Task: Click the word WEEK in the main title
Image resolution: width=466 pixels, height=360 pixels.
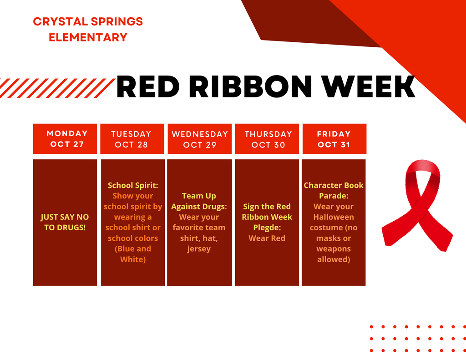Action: pos(369,87)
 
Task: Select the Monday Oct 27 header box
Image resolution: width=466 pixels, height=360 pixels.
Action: pos(65,139)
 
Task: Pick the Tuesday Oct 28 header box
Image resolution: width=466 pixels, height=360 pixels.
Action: pos(132,139)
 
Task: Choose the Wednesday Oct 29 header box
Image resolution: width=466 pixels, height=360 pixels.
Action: pos(199,139)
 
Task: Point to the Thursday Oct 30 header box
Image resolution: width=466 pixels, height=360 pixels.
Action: pos(268,139)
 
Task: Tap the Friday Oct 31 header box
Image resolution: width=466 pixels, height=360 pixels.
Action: pos(334,139)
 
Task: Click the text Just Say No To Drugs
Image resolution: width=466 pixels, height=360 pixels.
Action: pos(65,222)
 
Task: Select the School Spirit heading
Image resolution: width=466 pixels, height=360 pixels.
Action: pos(132,185)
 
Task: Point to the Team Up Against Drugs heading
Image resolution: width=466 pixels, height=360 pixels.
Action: pos(199,201)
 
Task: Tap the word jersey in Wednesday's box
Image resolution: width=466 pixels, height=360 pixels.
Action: pos(199,249)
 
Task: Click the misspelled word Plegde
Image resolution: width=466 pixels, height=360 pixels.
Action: pos(267,228)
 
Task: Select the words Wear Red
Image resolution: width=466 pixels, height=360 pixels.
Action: pos(267,238)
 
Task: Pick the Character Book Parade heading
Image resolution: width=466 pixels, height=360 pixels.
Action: pos(334,190)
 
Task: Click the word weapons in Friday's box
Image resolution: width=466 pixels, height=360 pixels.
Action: pos(334,249)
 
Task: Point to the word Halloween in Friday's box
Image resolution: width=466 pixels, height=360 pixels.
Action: pos(334,217)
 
